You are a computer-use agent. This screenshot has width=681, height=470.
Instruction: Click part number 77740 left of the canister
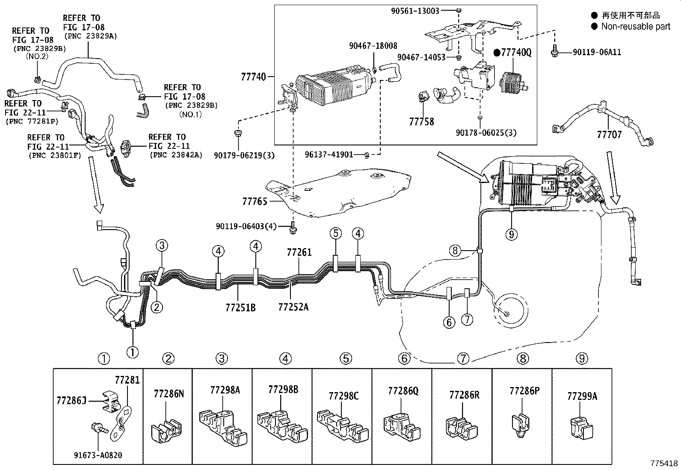(253, 77)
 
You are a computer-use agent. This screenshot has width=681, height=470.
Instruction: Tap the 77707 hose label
(609, 135)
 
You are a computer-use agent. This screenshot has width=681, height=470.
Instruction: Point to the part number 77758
(421, 121)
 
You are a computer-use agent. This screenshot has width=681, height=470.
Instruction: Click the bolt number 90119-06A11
(597, 52)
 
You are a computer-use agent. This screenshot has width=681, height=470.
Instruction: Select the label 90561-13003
(415, 11)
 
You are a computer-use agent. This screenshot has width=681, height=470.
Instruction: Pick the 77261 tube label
(299, 252)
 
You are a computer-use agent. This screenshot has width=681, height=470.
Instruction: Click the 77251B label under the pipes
(240, 307)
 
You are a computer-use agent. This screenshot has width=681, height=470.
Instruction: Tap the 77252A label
(293, 307)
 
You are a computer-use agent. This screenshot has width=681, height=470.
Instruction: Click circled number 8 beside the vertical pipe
(455, 251)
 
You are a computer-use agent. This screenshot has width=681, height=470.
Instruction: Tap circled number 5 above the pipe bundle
(336, 234)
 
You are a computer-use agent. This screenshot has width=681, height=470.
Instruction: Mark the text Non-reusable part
(635, 27)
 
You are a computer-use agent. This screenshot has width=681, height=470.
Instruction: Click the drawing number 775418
(664, 463)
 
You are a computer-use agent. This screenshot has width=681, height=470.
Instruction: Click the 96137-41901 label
(329, 154)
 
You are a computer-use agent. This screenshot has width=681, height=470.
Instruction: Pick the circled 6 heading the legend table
(404, 358)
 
